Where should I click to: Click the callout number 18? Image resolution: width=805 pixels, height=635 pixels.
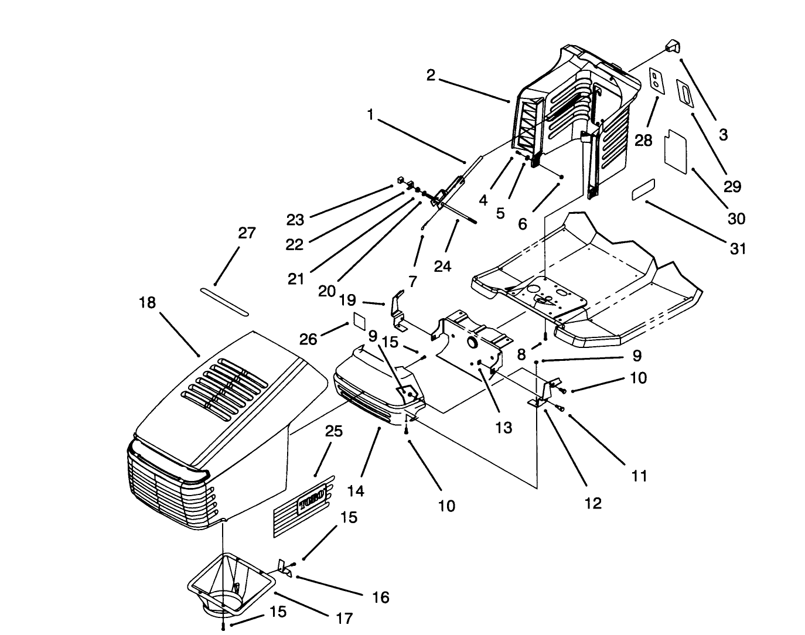click(x=148, y=303)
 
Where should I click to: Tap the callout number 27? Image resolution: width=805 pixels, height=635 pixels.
click(x=247, y=233)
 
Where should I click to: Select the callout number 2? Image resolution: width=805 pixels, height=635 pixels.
click(x=431, y=76)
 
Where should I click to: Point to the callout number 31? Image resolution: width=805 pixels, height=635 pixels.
click(x=738, y=248)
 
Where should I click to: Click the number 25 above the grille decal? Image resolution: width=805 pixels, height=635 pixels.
click(x=333, y=432)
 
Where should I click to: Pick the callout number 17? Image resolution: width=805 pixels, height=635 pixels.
click(x=344, y=617)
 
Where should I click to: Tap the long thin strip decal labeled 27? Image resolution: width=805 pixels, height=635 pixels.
click(x=224, y=301)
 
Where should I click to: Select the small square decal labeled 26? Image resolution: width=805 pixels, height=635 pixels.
click(x=358, y=320)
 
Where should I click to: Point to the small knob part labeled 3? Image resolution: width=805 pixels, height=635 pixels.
click(x=671, y=47)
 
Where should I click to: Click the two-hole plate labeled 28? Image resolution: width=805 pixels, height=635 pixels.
click(x=657, y=81)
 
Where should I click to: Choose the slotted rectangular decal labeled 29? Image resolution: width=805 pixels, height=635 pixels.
click(x=685, y=93)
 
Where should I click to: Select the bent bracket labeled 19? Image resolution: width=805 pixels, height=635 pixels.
click(x=398, y=310)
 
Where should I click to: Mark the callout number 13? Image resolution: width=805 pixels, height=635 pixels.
click(x=503, y=427)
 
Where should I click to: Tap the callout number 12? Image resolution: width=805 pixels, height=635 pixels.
click(x=593, y=503)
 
